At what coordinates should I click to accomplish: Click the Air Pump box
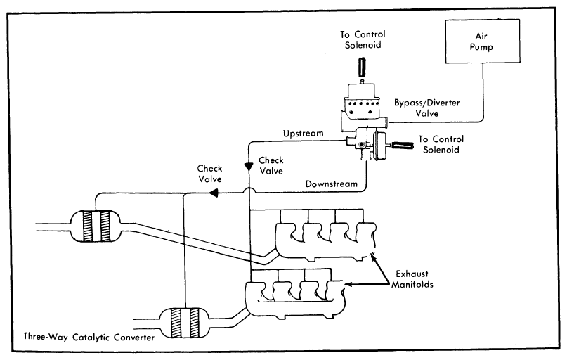click(x=483, y=41)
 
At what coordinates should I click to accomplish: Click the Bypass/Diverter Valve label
click(x=427, y=108)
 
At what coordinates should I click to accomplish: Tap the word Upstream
click(x=303, y=134)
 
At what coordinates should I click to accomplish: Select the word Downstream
click(x=331, y=184)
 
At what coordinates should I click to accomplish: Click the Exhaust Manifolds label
click(x=412, y=279)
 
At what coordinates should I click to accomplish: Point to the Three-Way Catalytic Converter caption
click(x=89, y=337)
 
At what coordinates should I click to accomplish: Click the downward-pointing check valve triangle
click(x=249, y=167)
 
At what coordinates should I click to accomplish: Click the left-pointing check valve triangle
click(x=214, y=193)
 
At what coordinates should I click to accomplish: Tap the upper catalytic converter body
click(x=96, y=226)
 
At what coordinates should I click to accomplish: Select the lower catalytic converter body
click(x=185, y=323)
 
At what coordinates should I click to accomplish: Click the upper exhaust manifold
click(x=325, y=240)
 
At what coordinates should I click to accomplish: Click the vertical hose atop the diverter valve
click(x=362, y=67)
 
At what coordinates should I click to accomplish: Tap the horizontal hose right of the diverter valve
click(x=403, y=146)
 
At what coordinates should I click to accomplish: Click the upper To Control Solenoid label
click(x=363, y=39)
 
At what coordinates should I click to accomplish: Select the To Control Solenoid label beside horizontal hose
click(x=441, y=144)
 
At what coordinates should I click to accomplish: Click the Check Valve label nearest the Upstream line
click(x=271, y=165)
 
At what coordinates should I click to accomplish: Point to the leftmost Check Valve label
click(x=210, y=174)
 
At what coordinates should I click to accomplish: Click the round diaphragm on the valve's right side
click(x=378, y=146)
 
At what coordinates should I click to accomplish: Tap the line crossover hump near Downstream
click(x=249, y=188)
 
